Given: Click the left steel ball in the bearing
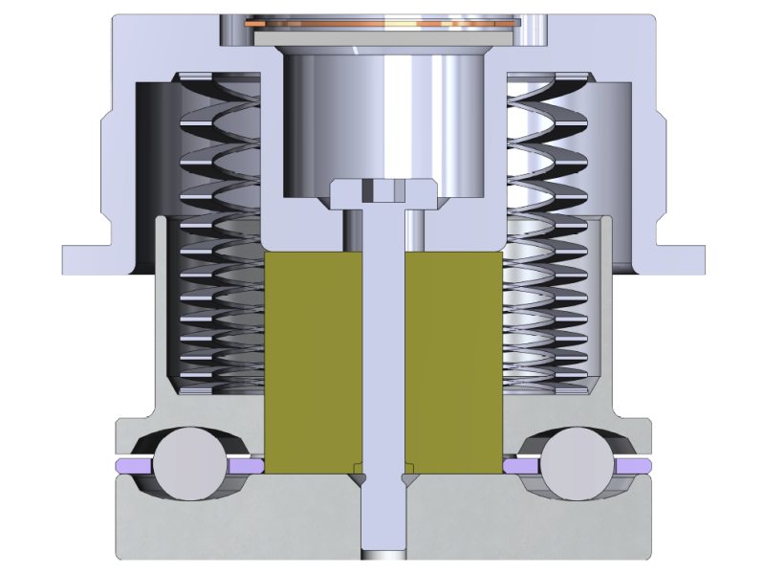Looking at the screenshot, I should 187,465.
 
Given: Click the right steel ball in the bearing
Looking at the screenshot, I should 579,465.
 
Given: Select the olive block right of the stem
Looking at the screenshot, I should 453,364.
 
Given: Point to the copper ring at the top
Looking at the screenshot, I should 382,22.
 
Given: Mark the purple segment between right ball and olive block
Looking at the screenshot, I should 520,466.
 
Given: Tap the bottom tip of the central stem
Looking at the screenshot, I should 382,555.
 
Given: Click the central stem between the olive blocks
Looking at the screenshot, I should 382,364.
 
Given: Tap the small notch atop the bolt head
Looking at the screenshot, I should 382,189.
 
